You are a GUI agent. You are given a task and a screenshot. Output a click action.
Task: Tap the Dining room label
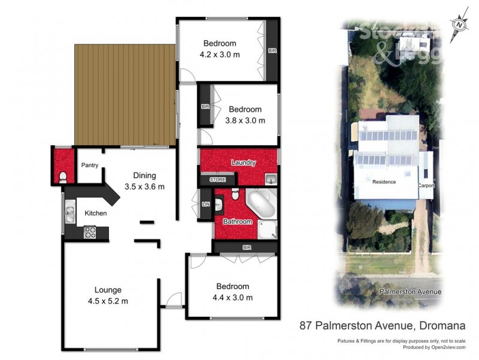click(144, 176)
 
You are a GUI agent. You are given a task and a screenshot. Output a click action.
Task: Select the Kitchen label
click(95, 213)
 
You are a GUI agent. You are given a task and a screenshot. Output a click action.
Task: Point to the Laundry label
click(243, 163)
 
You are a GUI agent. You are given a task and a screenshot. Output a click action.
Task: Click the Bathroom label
click(238, 221)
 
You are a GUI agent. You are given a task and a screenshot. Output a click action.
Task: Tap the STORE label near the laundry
click(217, 179)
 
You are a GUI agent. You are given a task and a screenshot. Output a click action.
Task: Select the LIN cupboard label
click(205, 206)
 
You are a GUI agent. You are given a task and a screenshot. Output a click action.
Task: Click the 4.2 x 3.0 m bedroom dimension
click(220, 55)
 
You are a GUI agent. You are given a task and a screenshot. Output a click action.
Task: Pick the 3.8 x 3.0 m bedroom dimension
click(244, 120)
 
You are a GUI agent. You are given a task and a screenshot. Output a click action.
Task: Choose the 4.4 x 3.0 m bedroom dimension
click(232, 297)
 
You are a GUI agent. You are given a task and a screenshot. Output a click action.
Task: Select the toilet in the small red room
click(63, 176)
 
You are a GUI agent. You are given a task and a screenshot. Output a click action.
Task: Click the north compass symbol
click(459, 25)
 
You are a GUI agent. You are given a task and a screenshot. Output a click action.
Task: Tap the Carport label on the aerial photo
click(426, 185)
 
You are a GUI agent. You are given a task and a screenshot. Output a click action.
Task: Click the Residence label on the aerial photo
click(384, 181)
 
